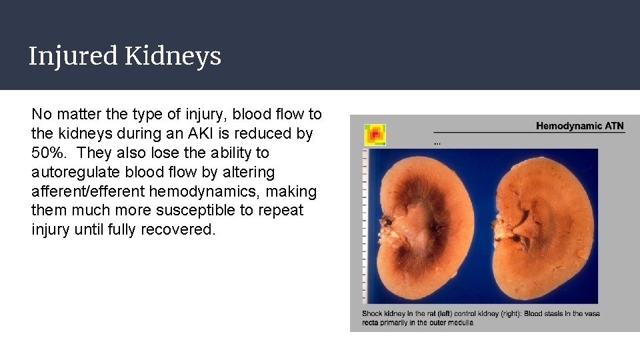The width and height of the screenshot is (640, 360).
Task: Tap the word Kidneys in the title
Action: pyautogui.click(x=173, y=57)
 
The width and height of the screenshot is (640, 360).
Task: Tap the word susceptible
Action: pyautogui.click(x=163, y=211)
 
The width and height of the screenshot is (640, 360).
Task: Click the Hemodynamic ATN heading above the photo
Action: pyautogui.click(x=580, y=125)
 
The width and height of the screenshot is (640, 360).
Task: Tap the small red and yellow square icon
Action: pyautogui.click(x=375, y=135)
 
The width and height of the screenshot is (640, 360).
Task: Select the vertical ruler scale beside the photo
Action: pyautogui.click(x=365, y=227)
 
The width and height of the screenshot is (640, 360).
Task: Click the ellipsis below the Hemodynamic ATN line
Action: pyautogui.click(x=437, y=143)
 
